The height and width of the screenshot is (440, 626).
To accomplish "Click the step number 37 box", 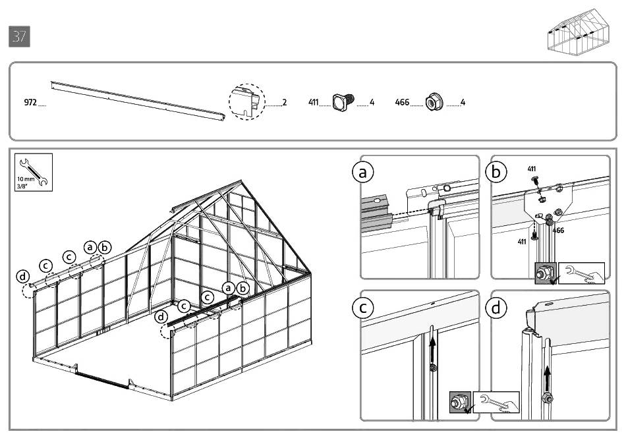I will [20, 37].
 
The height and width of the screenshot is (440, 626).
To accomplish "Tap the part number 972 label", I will [30, 103].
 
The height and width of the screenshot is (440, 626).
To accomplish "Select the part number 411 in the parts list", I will [313, 103].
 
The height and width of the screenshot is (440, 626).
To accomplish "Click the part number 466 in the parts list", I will [402, 103].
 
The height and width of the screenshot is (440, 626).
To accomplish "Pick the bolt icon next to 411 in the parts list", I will [342, 102].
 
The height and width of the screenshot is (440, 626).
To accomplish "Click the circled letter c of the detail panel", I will [362, 307].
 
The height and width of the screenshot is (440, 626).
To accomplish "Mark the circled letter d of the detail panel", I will [496, 307].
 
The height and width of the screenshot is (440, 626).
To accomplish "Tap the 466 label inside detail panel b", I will [557, 231].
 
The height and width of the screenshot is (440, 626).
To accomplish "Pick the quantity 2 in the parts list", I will [284, 103].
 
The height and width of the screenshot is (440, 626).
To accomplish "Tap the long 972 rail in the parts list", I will [138, 99].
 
